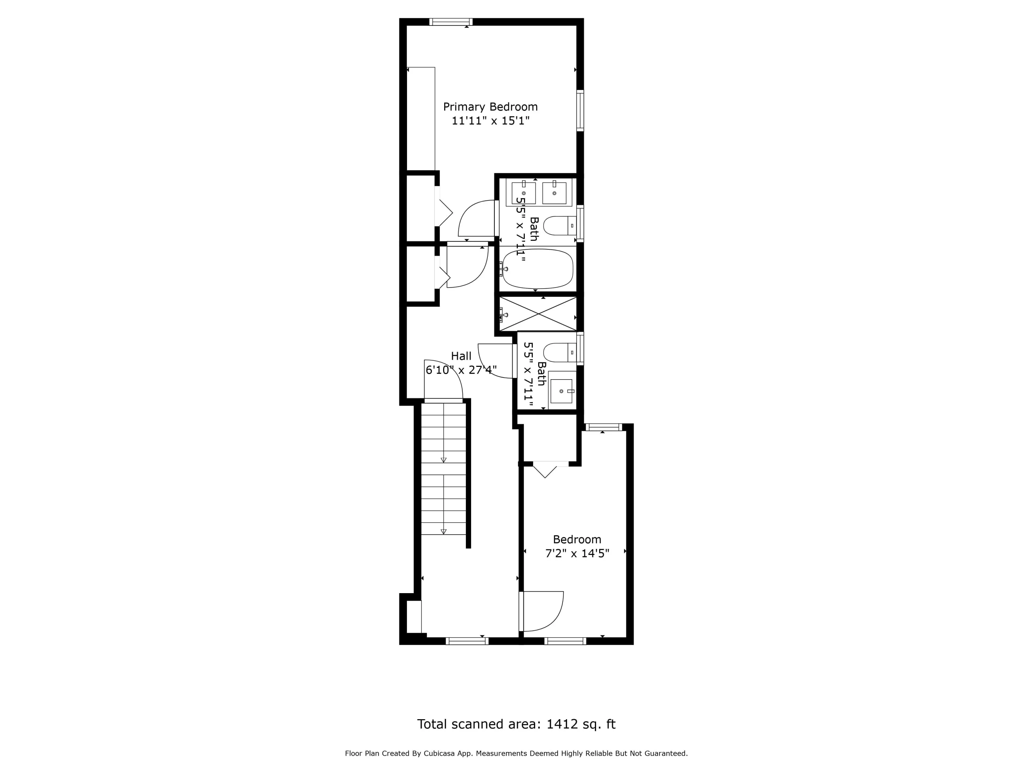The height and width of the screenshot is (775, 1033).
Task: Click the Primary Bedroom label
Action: coord(490,107)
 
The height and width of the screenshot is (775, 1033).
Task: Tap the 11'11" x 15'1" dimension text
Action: coord(490,121)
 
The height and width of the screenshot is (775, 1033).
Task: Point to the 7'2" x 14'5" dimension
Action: coord(577,554)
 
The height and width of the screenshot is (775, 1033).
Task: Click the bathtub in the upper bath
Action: coord(537,269)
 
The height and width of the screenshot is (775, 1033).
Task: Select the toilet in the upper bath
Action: coord(560,226)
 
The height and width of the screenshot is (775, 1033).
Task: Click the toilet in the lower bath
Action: coord(560,353)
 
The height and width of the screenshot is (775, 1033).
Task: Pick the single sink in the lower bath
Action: coord(562,391)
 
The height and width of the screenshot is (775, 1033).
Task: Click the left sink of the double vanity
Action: coord(523,193)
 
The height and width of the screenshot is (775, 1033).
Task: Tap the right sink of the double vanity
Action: coord(554,193)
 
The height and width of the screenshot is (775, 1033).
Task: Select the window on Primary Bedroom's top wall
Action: coord(451,21)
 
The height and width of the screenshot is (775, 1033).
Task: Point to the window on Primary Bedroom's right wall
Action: coord(580,110)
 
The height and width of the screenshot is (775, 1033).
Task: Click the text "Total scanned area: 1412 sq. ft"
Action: coord(516,724)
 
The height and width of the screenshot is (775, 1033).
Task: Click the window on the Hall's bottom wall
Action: coord(467,641)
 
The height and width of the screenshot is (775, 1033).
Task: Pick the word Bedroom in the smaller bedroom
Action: coord(577,539)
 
